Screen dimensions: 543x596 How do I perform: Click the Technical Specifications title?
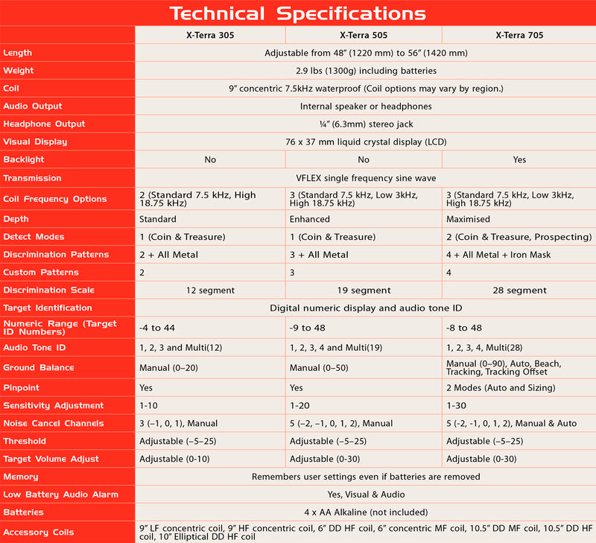click(297, 13)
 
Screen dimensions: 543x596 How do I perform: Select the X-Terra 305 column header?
click(209, 35)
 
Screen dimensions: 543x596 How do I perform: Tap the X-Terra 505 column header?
click(363, 35)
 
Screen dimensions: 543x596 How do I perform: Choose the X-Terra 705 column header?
click(519, 35)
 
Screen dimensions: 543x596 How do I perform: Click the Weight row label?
click(19, 71)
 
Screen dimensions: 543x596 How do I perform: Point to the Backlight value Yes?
click(519, 160)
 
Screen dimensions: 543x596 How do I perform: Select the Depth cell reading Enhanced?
click(309, 220)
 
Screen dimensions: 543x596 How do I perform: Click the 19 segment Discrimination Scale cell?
click(363, 290)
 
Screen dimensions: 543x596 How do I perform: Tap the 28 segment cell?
click(519, 290)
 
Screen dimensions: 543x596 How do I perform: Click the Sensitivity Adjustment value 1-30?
click(457, 406)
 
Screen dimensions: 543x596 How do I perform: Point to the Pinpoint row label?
click(22, 388)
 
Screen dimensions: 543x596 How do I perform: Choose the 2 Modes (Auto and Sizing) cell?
click(501, 388)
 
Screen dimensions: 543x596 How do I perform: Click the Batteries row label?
click(24, 512)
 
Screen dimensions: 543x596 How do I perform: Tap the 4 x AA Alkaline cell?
click(363, 512)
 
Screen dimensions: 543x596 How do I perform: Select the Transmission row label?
click(31, 178)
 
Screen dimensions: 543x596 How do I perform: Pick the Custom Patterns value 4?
click(449, 273)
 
